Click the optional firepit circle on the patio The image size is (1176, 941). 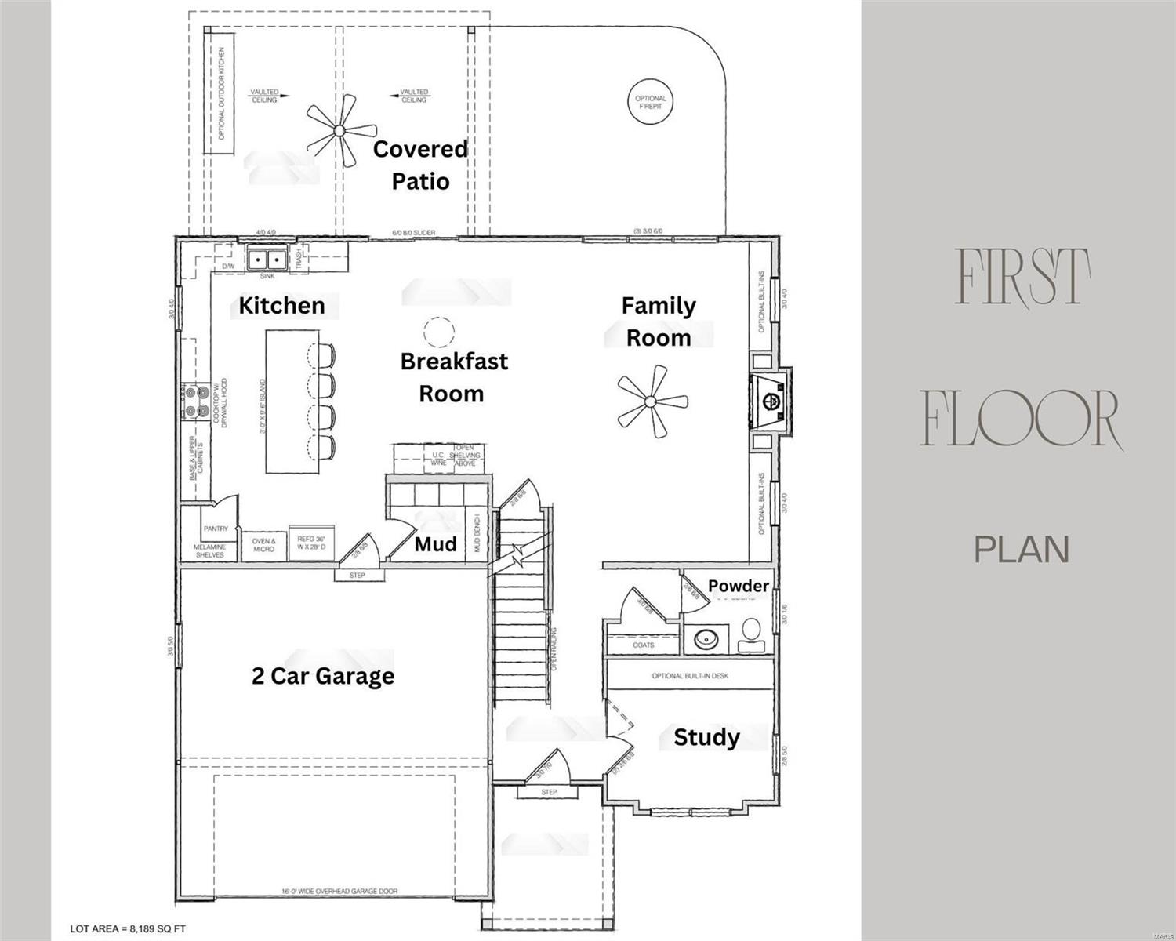(651, 102)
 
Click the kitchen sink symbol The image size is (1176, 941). (267, 259)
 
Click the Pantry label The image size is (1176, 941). (216, 529)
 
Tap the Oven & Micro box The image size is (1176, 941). (263, 545)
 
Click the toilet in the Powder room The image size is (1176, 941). (750, 634)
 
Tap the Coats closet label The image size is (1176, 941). (643, 645)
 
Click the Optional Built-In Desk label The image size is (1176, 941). (690, 675)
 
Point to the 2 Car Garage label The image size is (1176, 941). (323, 676)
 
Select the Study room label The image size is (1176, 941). (706, 737)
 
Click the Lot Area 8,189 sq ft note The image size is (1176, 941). (128, 928)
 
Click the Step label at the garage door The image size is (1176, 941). (357, 576)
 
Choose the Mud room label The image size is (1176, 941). (435, 544)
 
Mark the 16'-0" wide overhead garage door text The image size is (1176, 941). (339, 892)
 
